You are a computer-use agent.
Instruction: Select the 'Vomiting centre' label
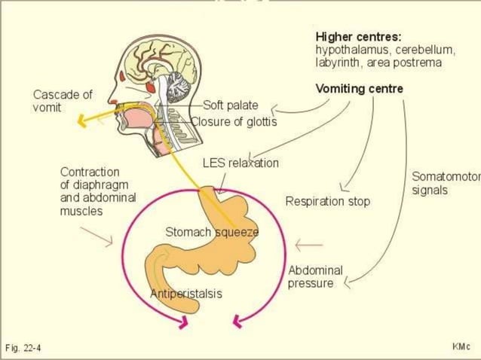coord(359,89)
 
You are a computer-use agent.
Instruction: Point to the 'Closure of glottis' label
coord(234,121)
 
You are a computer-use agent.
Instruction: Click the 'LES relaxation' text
coord(240,163)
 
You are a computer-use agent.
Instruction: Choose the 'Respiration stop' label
coord(327,201)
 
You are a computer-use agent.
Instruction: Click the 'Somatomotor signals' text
coord(445,183)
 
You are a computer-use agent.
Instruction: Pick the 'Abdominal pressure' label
coord(314,276)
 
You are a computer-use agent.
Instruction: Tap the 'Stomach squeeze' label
coord(212,232)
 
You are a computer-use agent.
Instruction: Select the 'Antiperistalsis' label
coord(186,294)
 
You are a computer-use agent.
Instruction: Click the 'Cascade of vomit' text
coord(62,101)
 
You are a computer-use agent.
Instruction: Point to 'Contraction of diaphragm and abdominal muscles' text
coord(89,191)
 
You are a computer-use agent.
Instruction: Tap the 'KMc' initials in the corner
coord(461,346)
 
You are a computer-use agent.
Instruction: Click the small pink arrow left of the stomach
coord(101,237)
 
